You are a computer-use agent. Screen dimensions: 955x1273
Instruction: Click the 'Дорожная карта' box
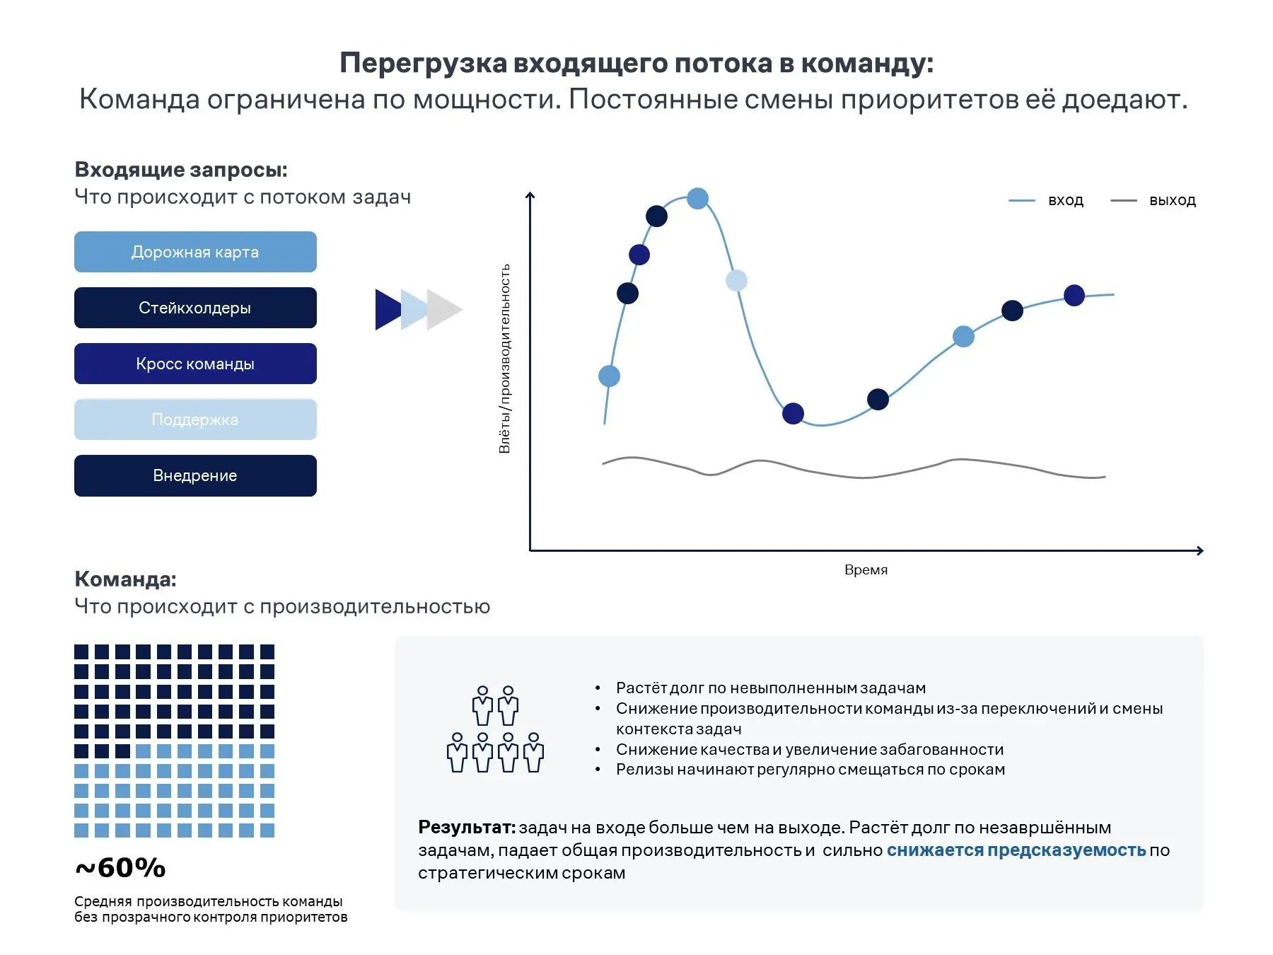(x=195, y=252)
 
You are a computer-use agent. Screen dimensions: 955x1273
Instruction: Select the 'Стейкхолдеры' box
(x=195, y=308)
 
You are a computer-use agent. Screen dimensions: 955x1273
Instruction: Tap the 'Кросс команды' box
(x=195, y=364)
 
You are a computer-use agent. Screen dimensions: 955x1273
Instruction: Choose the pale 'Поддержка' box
(x=195, y=419)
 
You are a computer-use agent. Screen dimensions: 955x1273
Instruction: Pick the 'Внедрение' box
(x=195, y=475)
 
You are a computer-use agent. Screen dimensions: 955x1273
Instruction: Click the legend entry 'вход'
(x=1065, y=200)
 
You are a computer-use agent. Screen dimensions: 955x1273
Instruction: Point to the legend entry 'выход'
(x=1172, y=200)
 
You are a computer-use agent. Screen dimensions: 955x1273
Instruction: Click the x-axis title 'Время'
(x=866, y=570)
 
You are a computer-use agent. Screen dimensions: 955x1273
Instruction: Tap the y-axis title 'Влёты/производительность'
(x=504, y=359)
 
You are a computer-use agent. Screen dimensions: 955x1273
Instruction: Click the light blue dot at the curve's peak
(x=697, y=198)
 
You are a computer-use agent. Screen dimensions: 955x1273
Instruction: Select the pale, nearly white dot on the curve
(x=736, y=281)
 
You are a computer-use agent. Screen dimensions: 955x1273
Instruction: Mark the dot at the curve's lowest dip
(x=793, y=413)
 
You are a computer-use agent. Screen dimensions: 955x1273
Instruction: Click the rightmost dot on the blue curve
(x=1074, y=295)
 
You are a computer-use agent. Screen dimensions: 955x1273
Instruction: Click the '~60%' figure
(x=120, y=867)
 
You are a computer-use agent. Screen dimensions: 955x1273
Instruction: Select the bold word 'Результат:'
(x=467, y=827)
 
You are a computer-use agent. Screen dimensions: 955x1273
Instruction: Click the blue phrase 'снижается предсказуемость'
(x=1016, y=850)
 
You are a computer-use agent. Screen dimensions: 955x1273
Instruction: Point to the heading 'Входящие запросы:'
(x=181, y=170)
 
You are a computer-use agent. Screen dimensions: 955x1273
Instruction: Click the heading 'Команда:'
(x=125, y=579)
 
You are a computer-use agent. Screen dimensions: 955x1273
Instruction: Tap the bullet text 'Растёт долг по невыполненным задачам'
(x=770, y=688)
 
